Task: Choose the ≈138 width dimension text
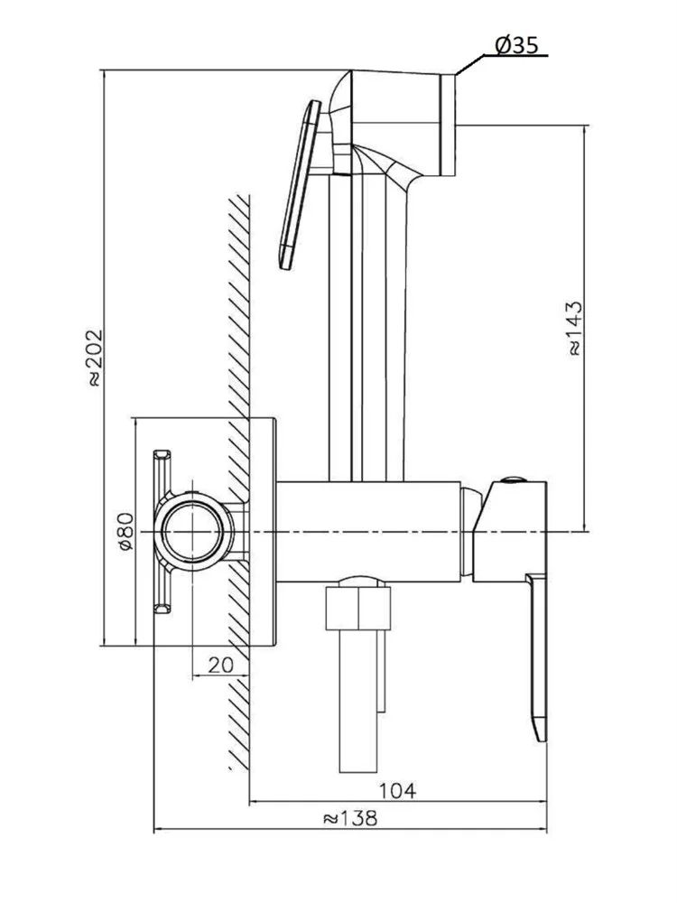(349, 818)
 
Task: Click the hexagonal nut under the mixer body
(358, 610)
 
